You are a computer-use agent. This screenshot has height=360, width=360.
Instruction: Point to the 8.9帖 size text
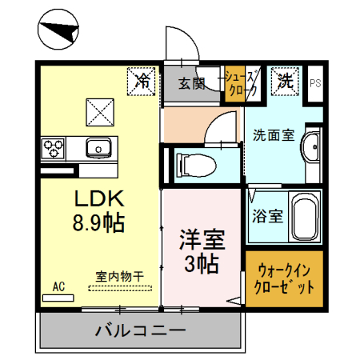98,222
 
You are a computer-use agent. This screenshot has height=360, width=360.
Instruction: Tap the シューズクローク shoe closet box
241,83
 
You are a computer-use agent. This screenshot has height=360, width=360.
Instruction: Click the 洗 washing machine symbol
285,81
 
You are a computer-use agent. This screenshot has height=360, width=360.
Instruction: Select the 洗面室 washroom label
270,134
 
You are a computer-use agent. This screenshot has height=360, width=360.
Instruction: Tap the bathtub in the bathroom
302,216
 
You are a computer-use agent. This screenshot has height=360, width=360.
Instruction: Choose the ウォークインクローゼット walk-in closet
283,279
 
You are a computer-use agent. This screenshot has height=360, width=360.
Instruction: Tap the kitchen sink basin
100,148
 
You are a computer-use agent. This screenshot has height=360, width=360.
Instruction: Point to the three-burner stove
54,148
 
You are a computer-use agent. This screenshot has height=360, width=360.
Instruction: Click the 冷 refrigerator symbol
142,81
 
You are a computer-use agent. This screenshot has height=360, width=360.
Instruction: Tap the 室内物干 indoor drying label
119,277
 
